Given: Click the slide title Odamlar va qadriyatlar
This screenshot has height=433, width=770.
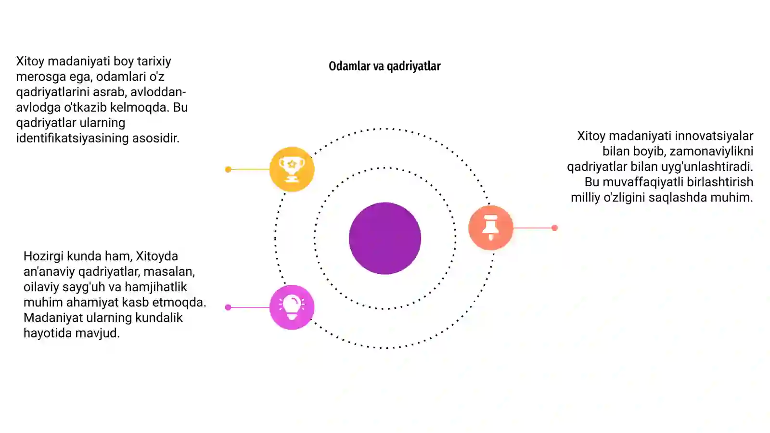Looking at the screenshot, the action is [x=385, y=66].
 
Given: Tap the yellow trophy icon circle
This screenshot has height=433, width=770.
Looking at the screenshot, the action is [x=292, y=169].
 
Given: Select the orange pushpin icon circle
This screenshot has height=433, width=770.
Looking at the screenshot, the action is [x=490, y=228].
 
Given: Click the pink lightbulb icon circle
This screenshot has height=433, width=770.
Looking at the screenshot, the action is [x=292, y=307].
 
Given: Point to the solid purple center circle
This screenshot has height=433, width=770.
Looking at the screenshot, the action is [x=385, y=238].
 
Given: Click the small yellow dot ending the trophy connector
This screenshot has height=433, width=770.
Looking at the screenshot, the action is [x=228, y=169].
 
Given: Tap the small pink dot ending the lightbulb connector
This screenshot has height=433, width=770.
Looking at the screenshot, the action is [x=228, y=307].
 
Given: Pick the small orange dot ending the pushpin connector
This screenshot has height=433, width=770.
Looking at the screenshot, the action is [x=554, y=228].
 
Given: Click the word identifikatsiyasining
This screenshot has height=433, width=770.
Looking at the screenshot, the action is [x=73, y=138].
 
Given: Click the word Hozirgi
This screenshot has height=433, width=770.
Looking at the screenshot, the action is [x=43, y=256].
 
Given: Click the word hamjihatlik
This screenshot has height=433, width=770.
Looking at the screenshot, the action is [x=156, y=287].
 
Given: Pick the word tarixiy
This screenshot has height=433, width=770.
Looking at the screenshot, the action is [x=154, y=62].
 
